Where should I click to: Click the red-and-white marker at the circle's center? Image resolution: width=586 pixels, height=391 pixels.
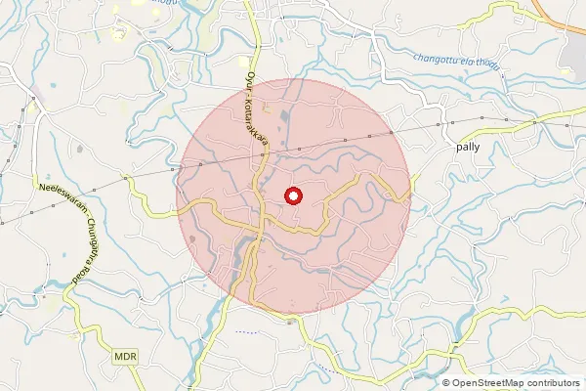[x=293, y=195]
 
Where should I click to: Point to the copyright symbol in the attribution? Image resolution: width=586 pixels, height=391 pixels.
[x=445, y=383]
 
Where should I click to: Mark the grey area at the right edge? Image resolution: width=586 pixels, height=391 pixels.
[x=576, y=59]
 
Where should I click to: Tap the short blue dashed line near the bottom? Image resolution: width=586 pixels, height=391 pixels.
[x=248, y=331]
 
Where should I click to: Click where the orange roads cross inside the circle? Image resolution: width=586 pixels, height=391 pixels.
[x=258, y=232]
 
